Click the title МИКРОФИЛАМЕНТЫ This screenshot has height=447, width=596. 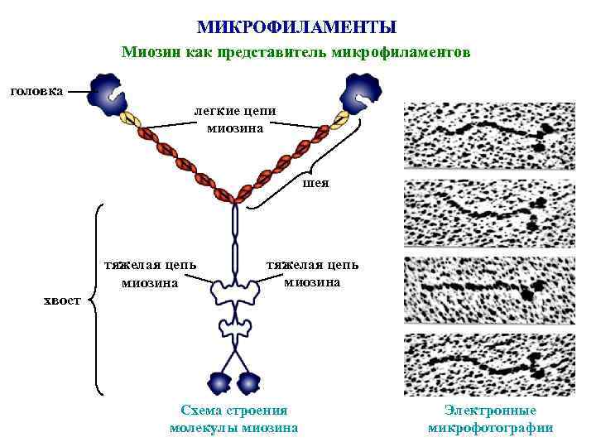click(297, 27)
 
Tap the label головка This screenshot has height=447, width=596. click(35, 90)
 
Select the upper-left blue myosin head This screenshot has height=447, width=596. click(108, 95)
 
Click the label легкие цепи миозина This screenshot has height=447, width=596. click(235, 119)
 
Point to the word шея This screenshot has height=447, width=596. click(315, 182)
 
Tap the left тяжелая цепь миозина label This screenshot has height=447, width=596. click(150, 273)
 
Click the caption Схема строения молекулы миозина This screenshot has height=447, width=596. click(233, 419)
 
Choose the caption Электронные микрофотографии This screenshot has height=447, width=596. click(490, 419)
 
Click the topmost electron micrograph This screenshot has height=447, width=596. click(488, 136)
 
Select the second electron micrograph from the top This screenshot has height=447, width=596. click(488, 213)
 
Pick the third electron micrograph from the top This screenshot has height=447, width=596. click(488, 289)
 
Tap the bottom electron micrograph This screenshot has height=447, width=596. click(488, 364)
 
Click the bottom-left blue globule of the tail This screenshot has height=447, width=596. click(219, 382)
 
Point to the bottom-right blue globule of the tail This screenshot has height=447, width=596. click(248, 382)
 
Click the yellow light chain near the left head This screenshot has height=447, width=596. click(130, 118)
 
